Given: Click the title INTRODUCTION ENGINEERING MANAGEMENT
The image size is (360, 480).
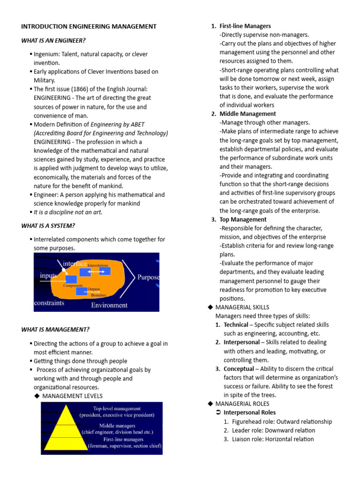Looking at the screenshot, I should pyautogui.click(x=89, y=27).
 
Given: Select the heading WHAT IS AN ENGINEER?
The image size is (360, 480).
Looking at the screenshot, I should pyautogui.click(x=53, y=41).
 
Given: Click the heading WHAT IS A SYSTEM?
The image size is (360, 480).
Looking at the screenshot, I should pyautogui.click(x=48, y=225).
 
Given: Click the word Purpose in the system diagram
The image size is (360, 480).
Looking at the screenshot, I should pyautogui.click(x=148, y=277).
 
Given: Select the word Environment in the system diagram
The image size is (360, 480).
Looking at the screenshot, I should pyautogui.click(x=109, y=305).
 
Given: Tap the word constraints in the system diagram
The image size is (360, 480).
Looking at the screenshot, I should pyautogui.click(x=49, y=303).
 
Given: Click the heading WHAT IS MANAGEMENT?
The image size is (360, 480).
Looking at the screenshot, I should pyautogui.click(x=55, y=330).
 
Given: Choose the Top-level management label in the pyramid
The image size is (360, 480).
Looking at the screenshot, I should pyautogui.click(x=117, y=408).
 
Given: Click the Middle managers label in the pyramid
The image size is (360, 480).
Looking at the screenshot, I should pyautogui.click(x=117, y=425).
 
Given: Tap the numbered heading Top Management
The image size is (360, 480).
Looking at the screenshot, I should pyautogui.click(x=243, y=219).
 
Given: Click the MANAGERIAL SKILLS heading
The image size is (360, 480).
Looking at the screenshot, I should pyautogui.click(x=242, y=307).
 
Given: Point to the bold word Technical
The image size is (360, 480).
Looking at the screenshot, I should pyautogui.click(x=236, y=325).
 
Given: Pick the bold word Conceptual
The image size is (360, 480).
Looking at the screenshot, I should pyautogui.click(x=238, y=369).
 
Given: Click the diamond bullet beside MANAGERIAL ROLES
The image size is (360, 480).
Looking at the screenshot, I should pyautogui.click(x=210, y=404).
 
